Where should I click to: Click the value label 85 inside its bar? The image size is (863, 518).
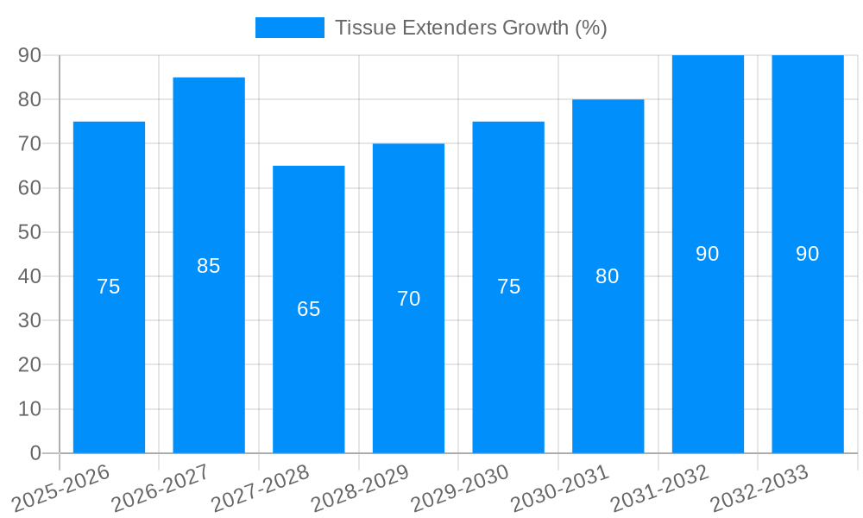point(209,266)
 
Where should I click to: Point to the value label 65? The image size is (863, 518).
point(309,309)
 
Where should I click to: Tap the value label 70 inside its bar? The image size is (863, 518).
point(408,299)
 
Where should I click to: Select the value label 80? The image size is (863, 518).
point(608,276)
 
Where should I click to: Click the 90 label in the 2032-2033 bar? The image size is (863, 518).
point(807,254)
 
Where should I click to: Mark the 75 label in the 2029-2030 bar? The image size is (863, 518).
point(508,287)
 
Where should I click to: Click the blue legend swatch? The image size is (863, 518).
point(290,28)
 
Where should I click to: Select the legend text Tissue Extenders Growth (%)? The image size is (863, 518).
point(471,28)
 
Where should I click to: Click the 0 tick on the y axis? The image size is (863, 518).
point(35,452)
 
